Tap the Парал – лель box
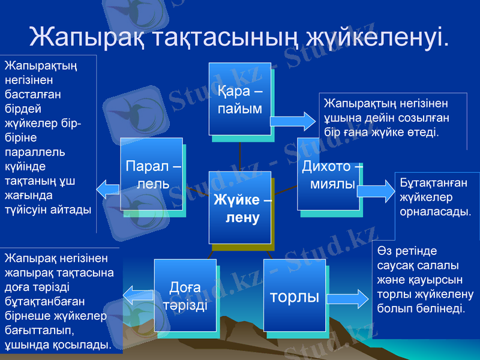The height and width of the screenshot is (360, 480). coord(151,174)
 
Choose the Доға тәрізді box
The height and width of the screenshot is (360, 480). coord(185,295)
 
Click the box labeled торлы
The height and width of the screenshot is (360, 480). coord(295,296)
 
